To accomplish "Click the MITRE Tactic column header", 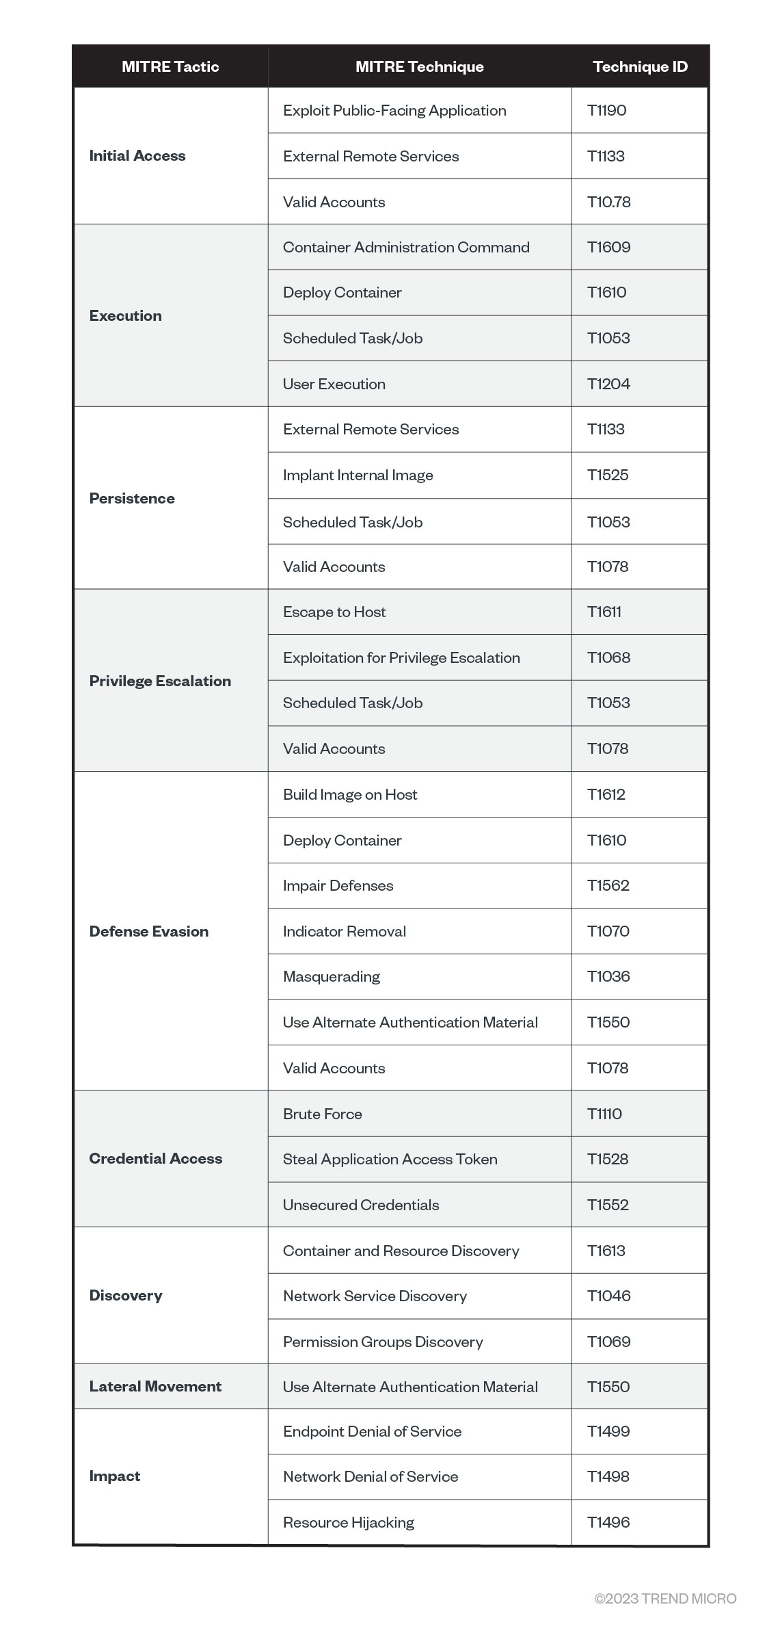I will pos(170,66).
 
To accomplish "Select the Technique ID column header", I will pos(640,66).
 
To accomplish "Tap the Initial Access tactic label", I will pos(137,155).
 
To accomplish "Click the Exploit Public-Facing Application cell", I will pos(394,110).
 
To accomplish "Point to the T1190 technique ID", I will pos(607,110).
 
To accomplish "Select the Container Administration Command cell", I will pos(406,247).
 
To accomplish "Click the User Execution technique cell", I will pos(334,384).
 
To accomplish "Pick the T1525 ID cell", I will pos(608,475).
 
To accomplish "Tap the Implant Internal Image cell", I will pos(358,475).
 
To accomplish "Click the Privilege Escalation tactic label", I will pos(160,681).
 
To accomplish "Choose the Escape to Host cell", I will pos(334,612).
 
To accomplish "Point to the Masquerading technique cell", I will pos(332,976).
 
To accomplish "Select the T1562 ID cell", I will pos(608,885).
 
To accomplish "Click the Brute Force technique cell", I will pos(323,1114).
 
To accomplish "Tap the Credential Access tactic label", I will pos(156,1158).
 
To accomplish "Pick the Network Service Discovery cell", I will pos(375,1296).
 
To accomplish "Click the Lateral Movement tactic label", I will pos(155,1386).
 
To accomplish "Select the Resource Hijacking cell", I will pos(349,1522).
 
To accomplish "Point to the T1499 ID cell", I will pos(608,1431).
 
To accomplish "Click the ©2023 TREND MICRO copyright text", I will pos(665,1599).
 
